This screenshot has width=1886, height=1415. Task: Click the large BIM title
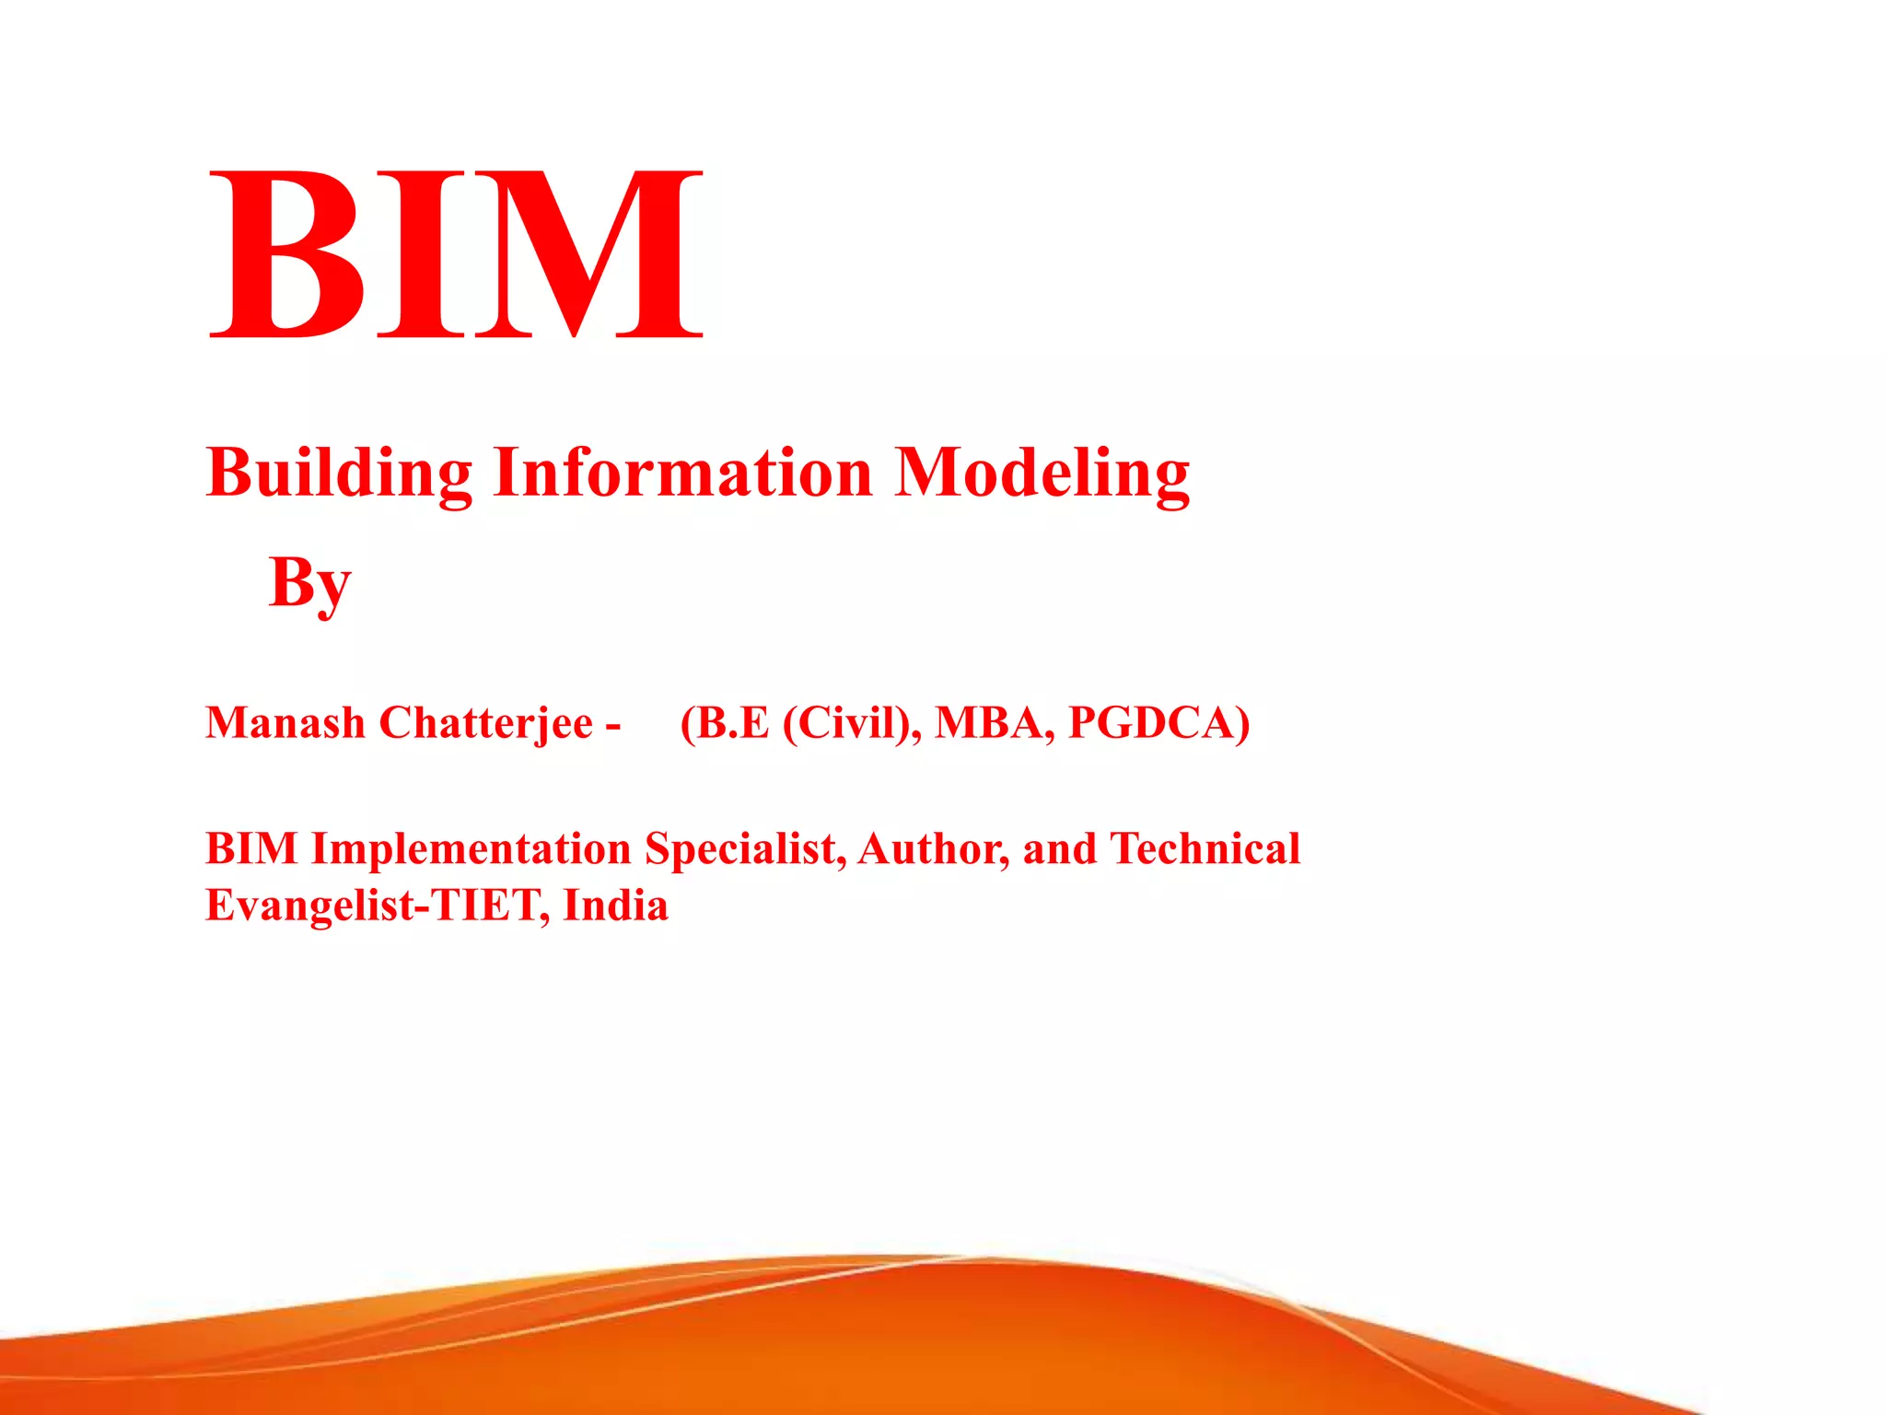tap(456, 253)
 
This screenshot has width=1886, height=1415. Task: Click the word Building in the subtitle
tap(339, 473)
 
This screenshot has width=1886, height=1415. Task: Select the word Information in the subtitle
tap(682, 473)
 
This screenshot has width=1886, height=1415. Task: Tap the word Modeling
tap(1042, 473)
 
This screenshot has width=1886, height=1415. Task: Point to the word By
tap(309, 583)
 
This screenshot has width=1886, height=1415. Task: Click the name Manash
tap(285, 722)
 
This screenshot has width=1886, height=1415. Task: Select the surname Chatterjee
tap(485, 722)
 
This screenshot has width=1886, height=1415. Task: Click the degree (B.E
tap(724, 722)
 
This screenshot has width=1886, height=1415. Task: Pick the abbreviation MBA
tap(995, 722)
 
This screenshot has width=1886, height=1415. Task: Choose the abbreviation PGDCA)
tap(1158, 722)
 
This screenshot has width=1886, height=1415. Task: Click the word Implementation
tap(471, 848)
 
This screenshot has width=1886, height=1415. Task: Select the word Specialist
tap(745, 848)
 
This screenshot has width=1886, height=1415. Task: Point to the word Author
tap(933, 848)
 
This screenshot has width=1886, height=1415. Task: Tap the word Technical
tap(1205, 848)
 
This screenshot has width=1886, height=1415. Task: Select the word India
tap(615, 906)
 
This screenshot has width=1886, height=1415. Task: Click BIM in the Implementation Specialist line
tap(251, 848)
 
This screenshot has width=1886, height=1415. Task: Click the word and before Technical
tap(1059, 848)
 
